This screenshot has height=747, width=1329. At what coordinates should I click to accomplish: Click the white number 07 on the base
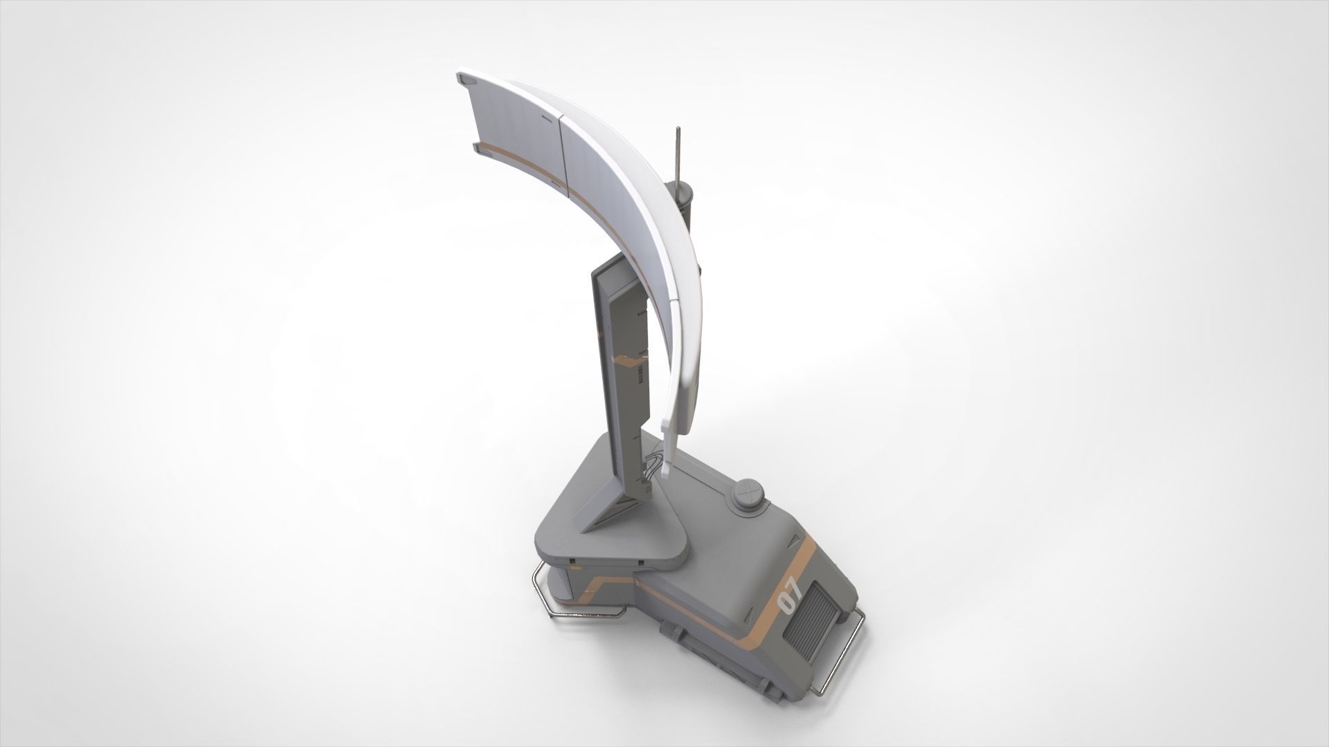tap(790, 596)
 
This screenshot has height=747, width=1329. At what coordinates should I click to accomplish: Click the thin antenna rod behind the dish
tap(678, 160)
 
